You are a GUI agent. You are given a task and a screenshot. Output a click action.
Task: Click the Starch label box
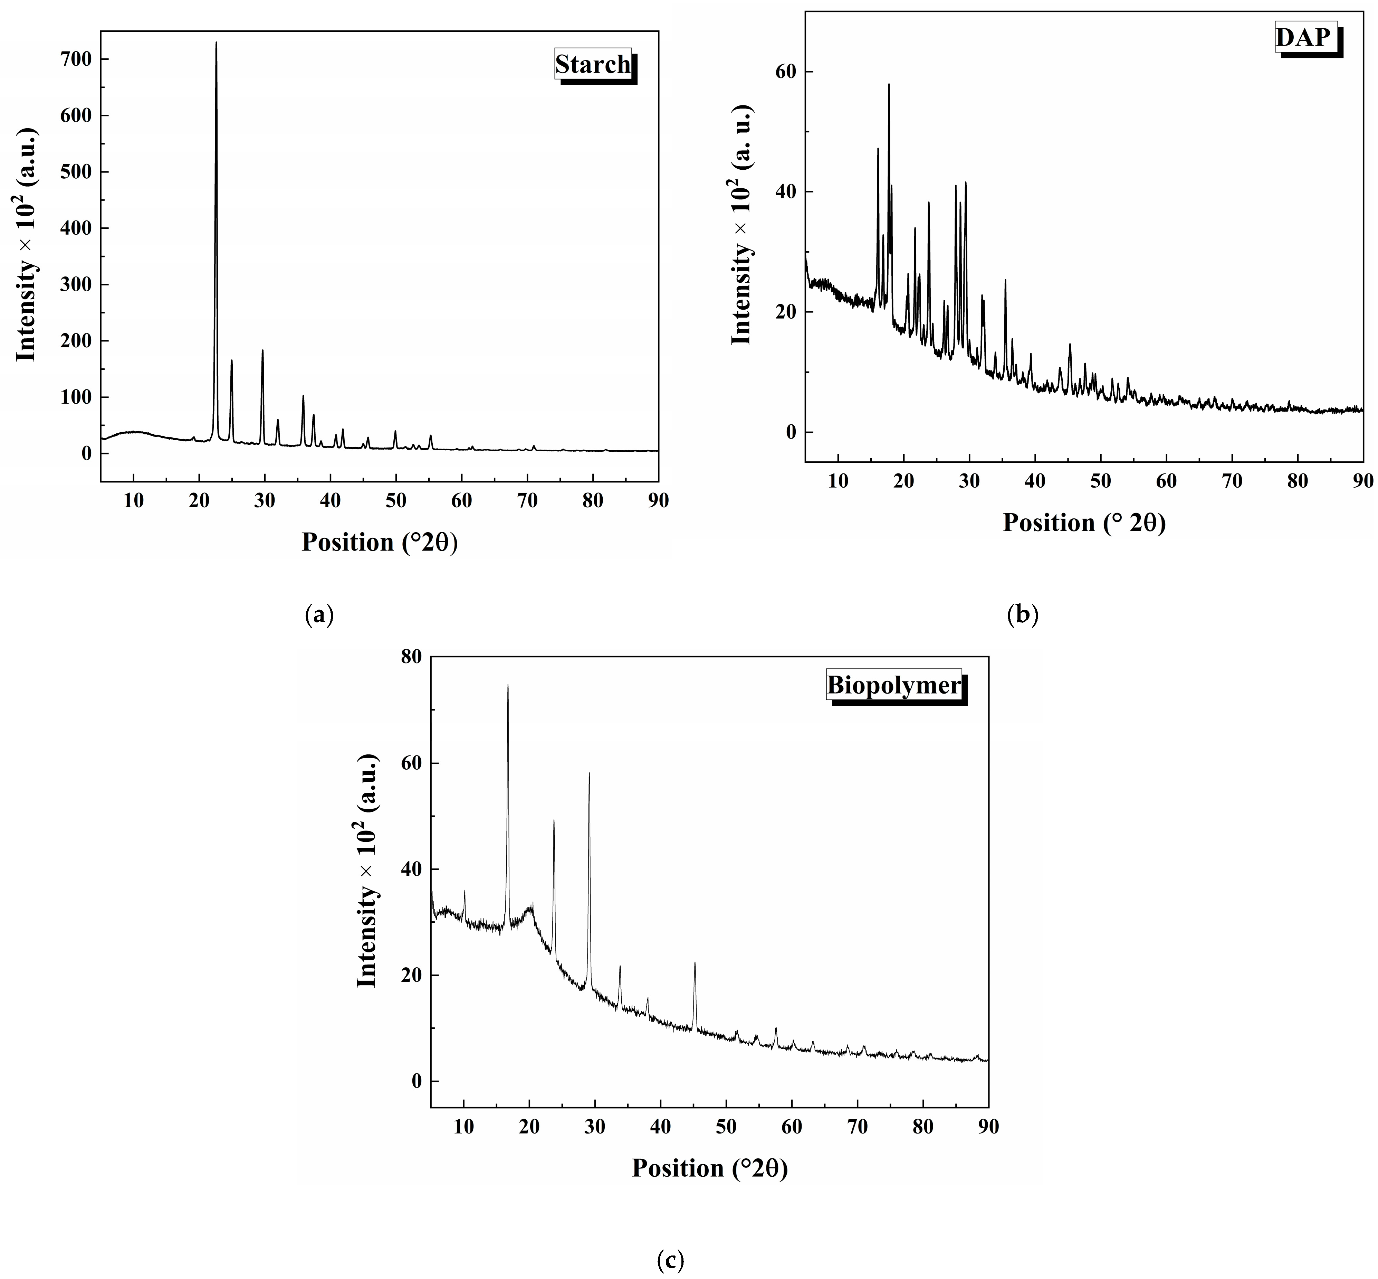coord(593,64)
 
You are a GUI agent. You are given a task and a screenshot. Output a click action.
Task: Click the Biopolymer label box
coord(894,685)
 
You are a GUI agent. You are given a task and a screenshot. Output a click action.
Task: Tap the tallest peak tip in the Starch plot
coord(216,43)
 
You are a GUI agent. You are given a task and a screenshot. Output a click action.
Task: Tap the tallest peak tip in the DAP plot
coord(889,84)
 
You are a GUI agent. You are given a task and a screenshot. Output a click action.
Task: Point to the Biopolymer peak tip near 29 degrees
coord(590,774)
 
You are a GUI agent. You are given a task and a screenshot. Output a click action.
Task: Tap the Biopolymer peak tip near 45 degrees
coord(695,963)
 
